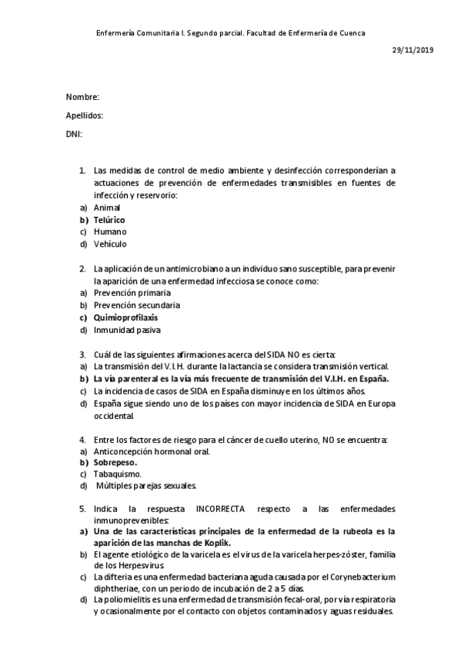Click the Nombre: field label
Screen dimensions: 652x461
coord(82,97)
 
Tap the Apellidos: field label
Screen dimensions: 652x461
coord(85,116)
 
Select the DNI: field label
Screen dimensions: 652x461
coord(75,135)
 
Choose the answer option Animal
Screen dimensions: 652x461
coord(106,208)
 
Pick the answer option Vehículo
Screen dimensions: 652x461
coord(110,244)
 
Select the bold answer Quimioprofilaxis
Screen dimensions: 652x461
coord(126,318)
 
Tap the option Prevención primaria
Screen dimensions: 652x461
coord(132,293)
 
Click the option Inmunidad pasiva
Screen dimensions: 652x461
coord(127,330)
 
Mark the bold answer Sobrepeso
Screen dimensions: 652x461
coord(115,463)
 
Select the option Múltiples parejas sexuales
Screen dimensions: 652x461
coord(147,486)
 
